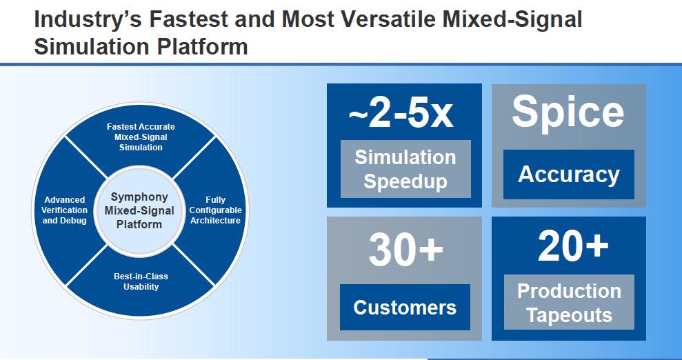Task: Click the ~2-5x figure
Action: pyautogui.click(x=401, y=114)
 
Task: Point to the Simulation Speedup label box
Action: pyautogui.click(x=405, y=169)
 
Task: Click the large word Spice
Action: pyautogui.click(x=568, y=112)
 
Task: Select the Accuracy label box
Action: pyautogui.click(x=568, y=174)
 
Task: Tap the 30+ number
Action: pyautogui.click(x=405, y=250)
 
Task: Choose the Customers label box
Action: pyautogui.click(x=405, y=307)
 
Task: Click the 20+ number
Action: pyautogui.click(x=573, y=246)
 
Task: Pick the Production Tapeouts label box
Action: pyautogui.click(x=569, y=303)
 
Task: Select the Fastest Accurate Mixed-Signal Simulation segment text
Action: pyautogui.click(x=141, y=137)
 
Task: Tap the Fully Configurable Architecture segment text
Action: pyautogui.click(x=215, y=210)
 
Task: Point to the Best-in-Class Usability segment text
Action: pyautogui.click(x=141, y=281)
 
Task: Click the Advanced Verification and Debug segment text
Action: pyautogui.click(x=65, y=210)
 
